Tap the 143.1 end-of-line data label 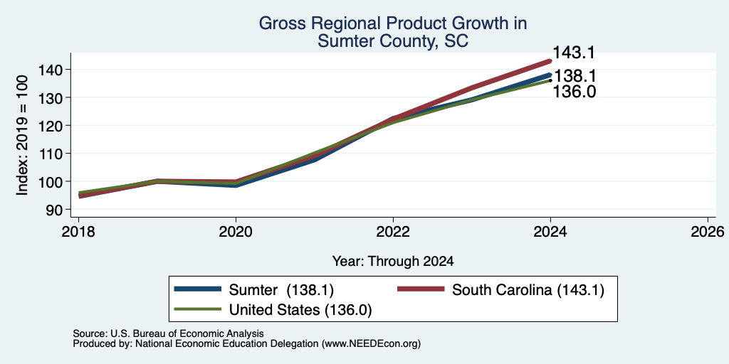(574, 53)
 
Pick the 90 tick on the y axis (61, 210)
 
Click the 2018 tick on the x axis (78, 231)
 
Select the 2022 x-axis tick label (393, 231)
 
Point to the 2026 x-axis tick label (708, 231)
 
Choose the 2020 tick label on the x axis (236, 231)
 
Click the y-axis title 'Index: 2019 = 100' (23, 136)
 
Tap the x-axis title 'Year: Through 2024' (393, 262)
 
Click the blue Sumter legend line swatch (198, 289)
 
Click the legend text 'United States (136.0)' (300, 309)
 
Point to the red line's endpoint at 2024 (550, 60)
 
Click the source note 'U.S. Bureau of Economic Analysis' (187, 333)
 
